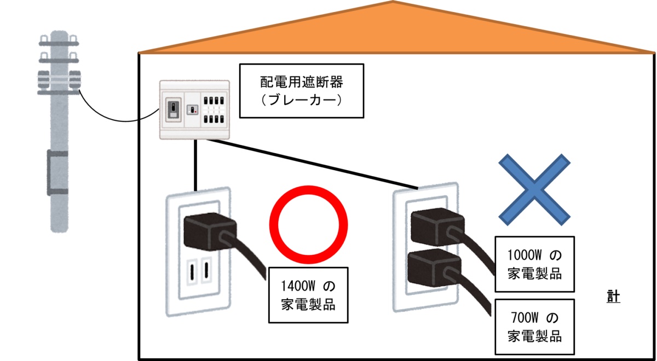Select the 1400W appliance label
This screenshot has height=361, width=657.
pos(309,295)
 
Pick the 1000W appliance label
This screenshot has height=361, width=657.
pos(534,264)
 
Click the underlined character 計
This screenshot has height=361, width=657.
pos(613,296)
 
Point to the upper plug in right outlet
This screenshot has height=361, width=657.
pos(436,226)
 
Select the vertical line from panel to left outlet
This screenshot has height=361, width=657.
pos(194,164)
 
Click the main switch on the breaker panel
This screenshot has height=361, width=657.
pos(172,109)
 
